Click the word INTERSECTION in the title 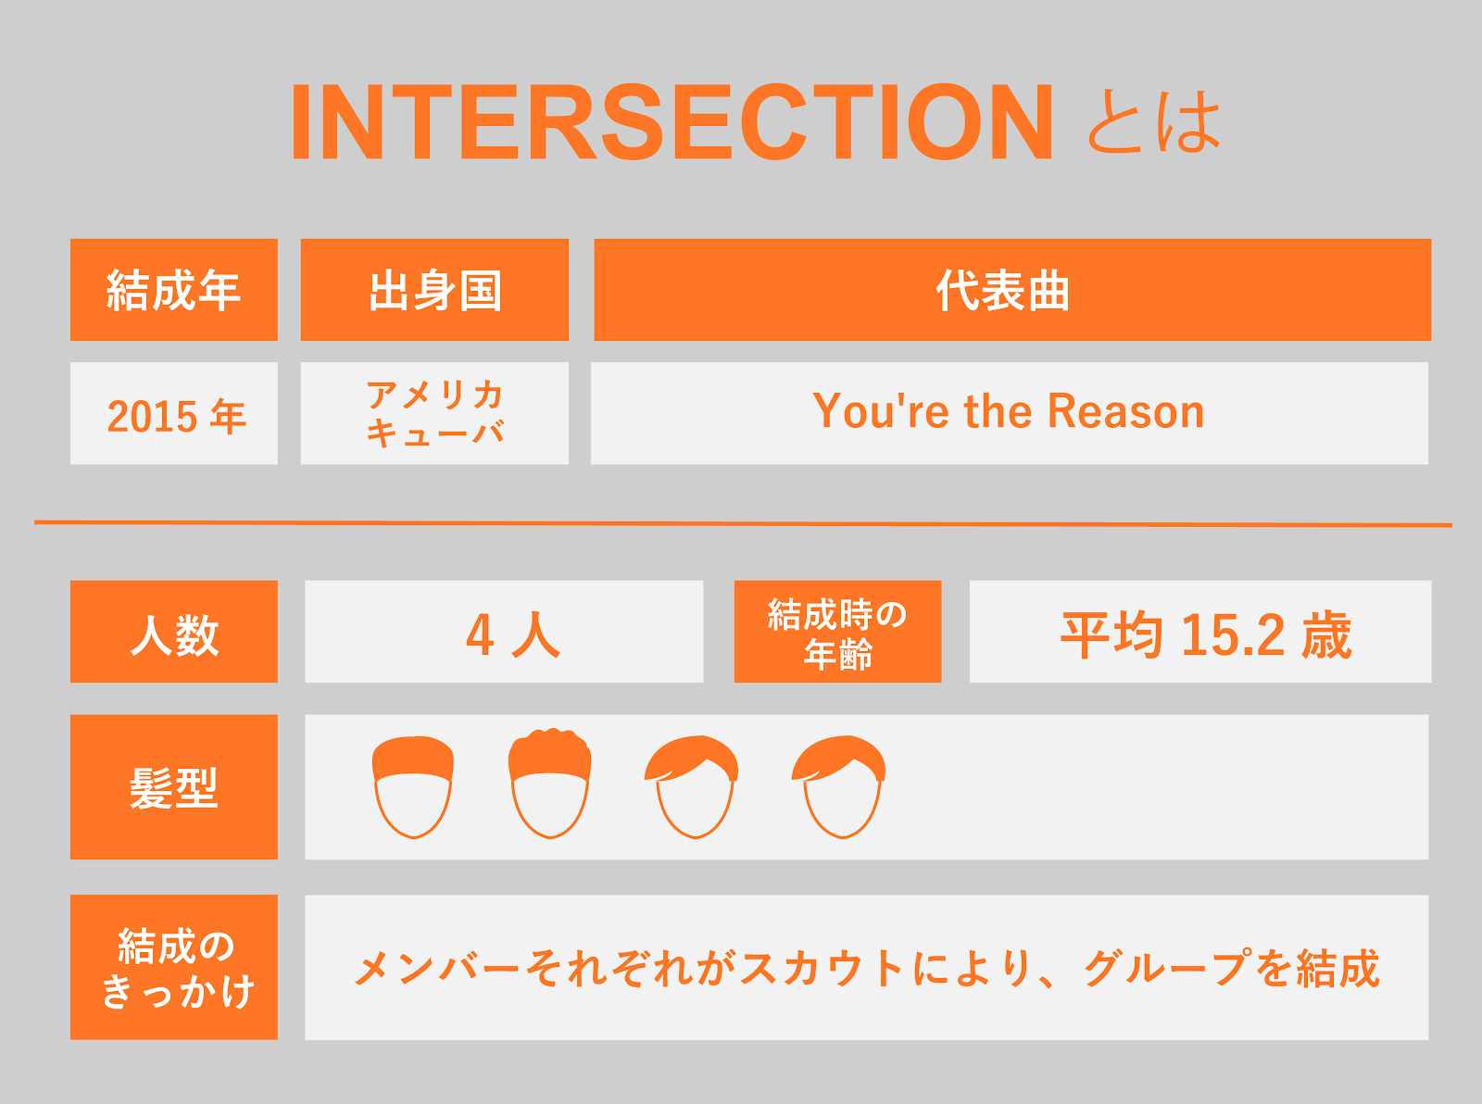(x=672, y=121)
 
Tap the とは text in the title (x=1155, y=121)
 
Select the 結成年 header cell (x=174, y=290)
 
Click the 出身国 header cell (x=434, y=290)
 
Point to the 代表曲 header (x=1012, y=290)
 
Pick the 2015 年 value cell (x=174, y=413)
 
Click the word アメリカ (x=434, y=395)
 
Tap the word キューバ (x=435, y=433)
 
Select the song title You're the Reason (x=1009, y=411)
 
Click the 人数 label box (x=174, y=632)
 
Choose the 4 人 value (x=513, y=634)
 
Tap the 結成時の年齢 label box (x=838, y=632)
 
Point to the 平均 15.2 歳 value (x=1206, y=634)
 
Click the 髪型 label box (x=174, y=787)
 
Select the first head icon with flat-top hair (x=413, y=787)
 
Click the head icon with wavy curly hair (x=550, y=784)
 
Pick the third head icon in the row (x=692, y=787)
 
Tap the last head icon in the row (x=839, y=787)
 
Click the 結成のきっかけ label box (x=174, y=967)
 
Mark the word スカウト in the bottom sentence (x=823, y=968)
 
